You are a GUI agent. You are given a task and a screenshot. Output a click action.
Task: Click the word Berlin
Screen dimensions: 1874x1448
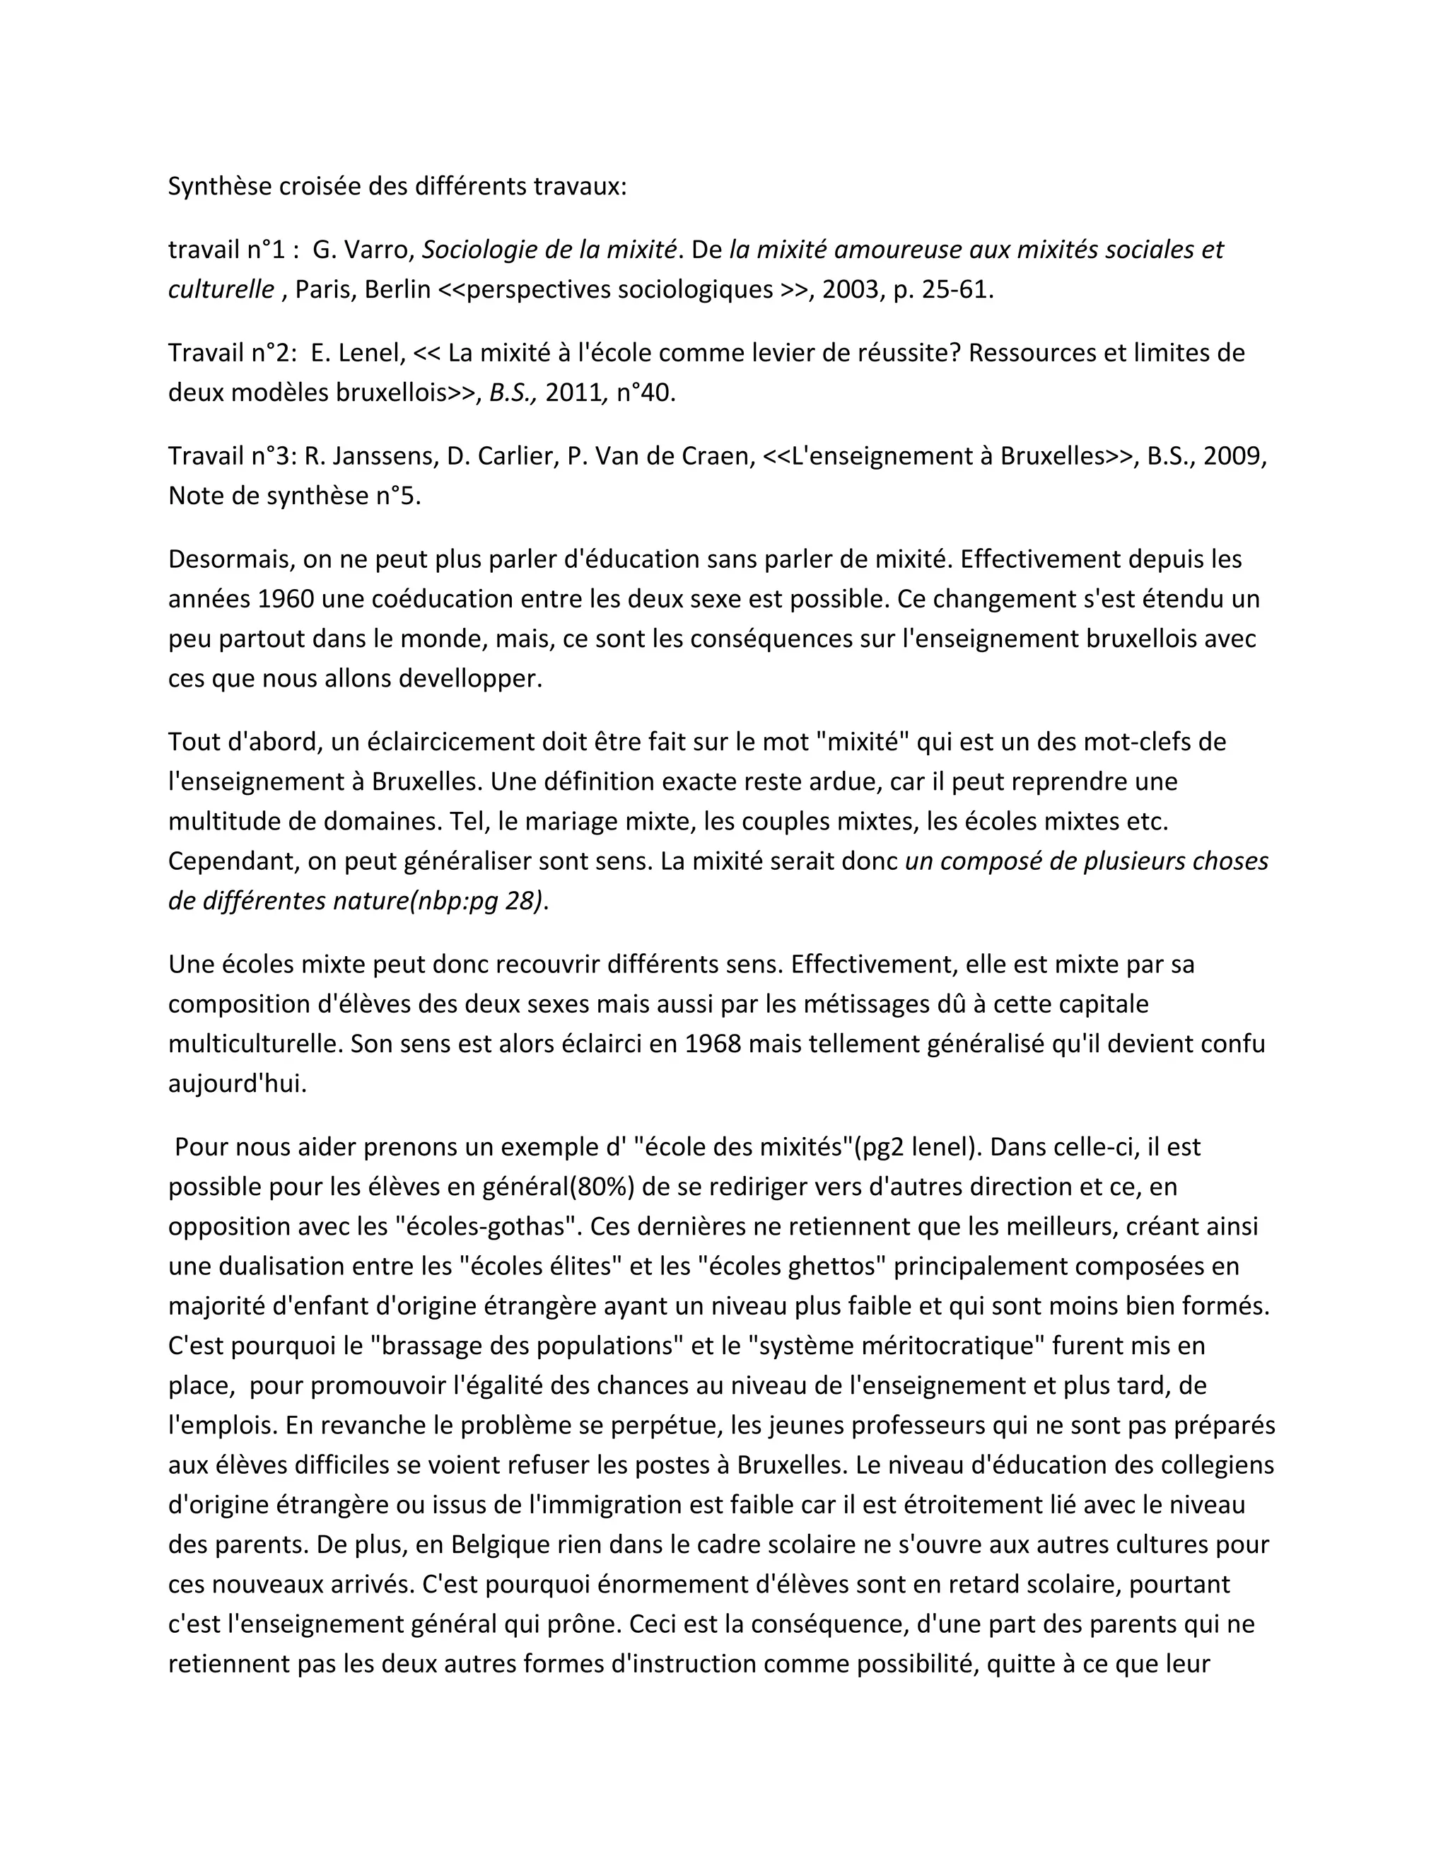tap(397, 289)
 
